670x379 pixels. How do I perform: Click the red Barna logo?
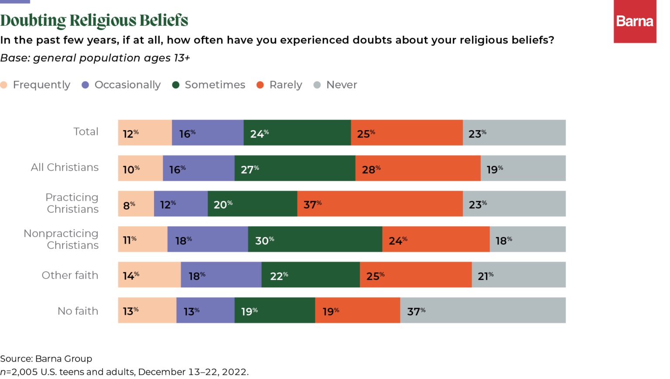click(x=635, y=21)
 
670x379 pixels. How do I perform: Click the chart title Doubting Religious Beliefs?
click(x=94, y=20)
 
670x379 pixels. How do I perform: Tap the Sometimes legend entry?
click(x=209, y=85)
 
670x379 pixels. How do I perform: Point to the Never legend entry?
click(x=335, y=85)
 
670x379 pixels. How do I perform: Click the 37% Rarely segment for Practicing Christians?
click(x=380, y=203)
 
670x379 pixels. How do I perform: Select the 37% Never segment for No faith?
click(x=483, y=310)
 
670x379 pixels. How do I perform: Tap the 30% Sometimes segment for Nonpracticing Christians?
click(x=315, y=239)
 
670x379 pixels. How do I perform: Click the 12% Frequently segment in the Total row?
click(x=145, y=133)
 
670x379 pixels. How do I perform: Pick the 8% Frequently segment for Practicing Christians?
click(x=136, y=203)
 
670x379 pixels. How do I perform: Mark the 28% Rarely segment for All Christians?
click(x=418, y=168)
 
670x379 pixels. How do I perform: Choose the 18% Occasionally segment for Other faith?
click(x=221, y=275)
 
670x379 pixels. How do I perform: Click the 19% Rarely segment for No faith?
click(x=358, y=310)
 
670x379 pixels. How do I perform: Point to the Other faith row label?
click(x=70, y=275)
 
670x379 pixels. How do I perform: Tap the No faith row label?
click(x=78, y=311)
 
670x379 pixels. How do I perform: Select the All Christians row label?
click(x=65, y=167)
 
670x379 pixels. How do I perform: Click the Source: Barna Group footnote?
click(x=46, y=358)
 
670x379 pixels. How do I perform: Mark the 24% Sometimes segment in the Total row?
click(x=297, y=133)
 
